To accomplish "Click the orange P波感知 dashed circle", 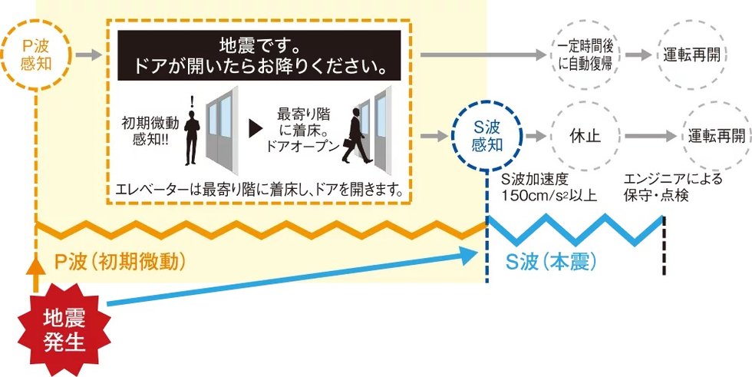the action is (36, 21).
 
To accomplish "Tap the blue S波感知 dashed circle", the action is (486, 101).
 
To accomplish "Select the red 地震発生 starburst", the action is (64, 329).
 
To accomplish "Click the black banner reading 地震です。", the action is (259, 55).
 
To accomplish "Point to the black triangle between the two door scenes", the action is (255, 128).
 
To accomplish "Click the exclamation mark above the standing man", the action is (193, 101).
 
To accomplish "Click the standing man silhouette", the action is (192, 137).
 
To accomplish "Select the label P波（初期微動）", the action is (120, 262).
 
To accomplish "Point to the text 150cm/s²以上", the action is (549, 196).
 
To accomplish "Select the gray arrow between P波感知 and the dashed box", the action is (89, 55).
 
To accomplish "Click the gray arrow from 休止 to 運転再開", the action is (651, 136).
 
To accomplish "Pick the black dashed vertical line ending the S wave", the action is (665, 246).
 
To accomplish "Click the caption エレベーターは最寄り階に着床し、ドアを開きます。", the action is (259, 190).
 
